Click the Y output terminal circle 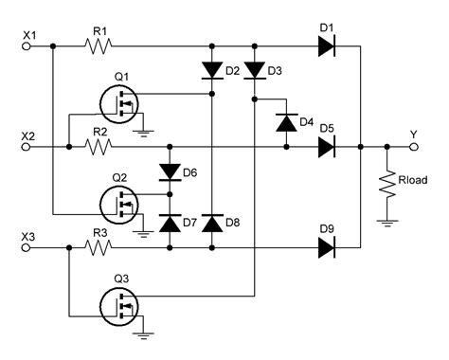pyautogui.click(x=413, y=147)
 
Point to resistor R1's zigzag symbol pyautogui.click(x=98, y=45)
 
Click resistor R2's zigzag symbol pyautogui.click(x=98, y=147)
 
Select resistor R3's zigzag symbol pyautogui.click(x=98, y=248)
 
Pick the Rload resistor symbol pyautogui.click(x=387, y=185)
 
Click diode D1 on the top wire pyautogui.click(x=327, y=45)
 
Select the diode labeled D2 pyautogui.click(x=211, y=71)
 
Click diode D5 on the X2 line pyautogui.click(x=327, y=147)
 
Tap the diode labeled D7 pyautogui.click(x=170, y=223)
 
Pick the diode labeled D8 pyautogui.click(x=211, y=223)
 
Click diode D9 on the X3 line pyautogui.click(x=327, y=248)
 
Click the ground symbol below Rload pyautogui.click(x=387, y=223)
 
